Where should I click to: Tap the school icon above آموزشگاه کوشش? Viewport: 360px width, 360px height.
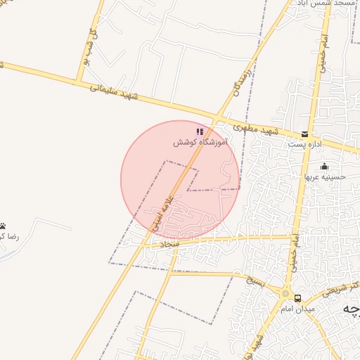pos(200,131)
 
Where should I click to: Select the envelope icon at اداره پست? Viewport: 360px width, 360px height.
pos(304,133)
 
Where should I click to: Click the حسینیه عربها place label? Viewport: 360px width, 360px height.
pos(322,176)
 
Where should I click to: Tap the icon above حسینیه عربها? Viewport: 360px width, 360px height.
pos(324,166)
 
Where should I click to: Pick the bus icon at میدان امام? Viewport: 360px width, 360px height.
pos(298,298)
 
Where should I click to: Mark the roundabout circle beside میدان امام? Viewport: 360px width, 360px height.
pos(285,294)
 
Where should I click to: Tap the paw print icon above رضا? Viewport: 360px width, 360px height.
pos(4,226)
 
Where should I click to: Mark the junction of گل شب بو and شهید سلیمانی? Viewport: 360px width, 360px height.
pos(77,79)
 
